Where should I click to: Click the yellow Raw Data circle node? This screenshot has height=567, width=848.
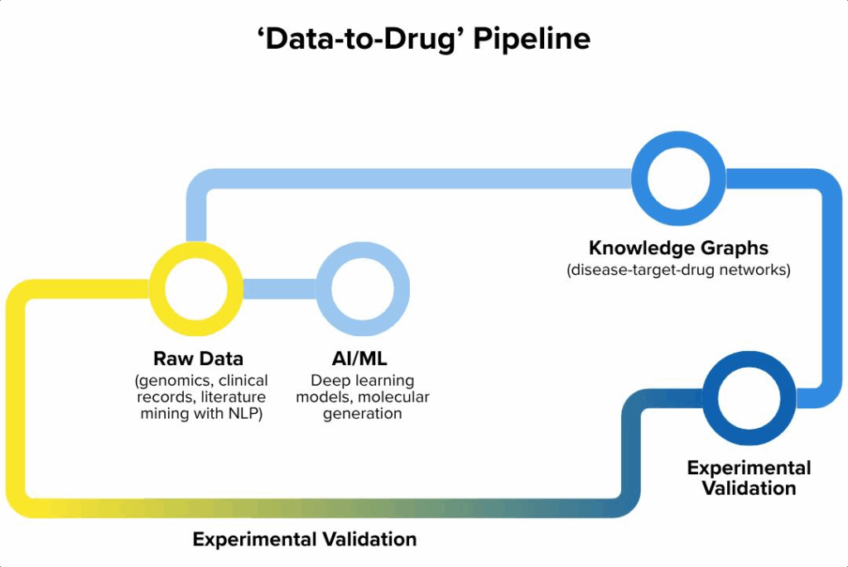tap(197, 289)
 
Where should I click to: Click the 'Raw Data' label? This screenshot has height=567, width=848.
tap(199, 359)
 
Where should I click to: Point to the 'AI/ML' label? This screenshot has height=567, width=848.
tap(354, 359)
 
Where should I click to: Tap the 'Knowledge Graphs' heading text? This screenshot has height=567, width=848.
tap(678, 247)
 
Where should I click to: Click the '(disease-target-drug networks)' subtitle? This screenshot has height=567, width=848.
tap(678, 270)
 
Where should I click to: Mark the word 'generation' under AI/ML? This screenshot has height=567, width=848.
tap(363, 414)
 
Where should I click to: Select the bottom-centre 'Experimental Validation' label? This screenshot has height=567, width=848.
tap(305, 540)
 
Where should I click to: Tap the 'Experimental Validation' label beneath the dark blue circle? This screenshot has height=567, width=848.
tap(749, 478)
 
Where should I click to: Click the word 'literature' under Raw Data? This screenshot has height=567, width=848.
tap(234, 397)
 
